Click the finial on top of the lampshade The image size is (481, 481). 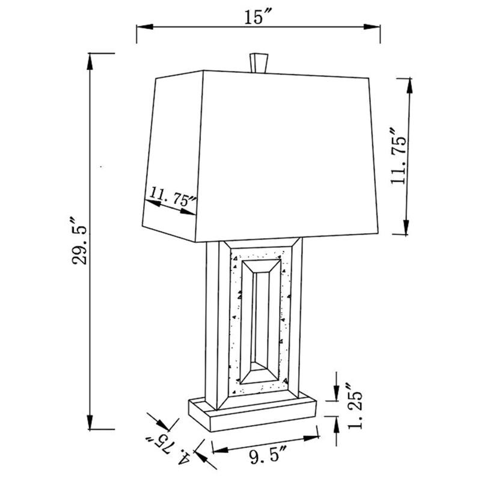(x=257, y=61)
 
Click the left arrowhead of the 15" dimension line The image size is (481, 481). (x=142, y=26)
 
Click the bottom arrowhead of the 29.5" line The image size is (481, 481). (x=90, y=424)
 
